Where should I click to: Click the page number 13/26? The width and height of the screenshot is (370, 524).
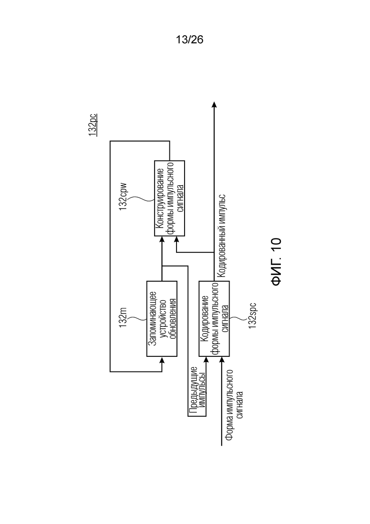[x=189, y=40]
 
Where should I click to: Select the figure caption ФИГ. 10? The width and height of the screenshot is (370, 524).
[x=277, y=262]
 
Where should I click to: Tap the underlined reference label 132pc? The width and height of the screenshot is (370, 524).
[x=93, y=125]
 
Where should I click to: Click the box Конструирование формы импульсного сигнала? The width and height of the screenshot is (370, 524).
[x=169, y=199]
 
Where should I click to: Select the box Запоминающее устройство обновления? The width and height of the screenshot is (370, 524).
[x=162, y=319]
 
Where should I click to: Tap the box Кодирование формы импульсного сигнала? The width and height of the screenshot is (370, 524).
[x=214, y=319]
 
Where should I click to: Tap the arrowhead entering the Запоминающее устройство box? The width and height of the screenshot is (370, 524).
[x=162, y=360]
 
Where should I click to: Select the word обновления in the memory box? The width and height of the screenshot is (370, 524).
[x=173, y=319]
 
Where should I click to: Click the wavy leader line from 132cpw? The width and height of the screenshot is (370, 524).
[x=141, y=199]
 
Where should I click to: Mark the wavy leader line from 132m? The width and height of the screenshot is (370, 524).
[x=137, y=318]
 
